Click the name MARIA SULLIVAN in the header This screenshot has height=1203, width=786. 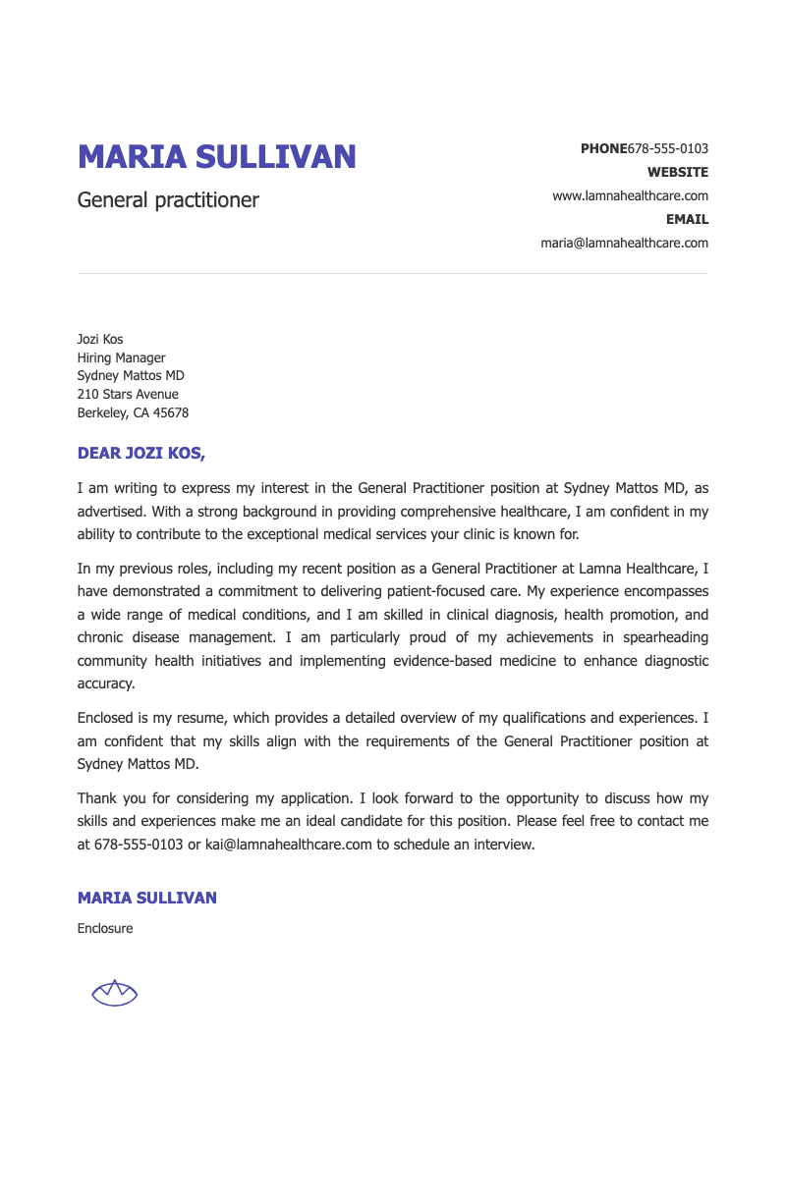point(216,157)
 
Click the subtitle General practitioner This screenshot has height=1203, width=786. point(168,200)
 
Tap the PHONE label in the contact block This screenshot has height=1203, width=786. point(603,149)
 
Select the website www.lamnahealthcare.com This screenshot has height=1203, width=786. point(630,196)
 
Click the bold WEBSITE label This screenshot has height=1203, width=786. point(677,173)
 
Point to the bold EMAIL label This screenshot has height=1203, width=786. point(687,220)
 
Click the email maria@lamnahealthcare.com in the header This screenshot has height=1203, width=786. point(624,244)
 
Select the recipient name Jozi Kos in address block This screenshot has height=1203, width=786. point(100,340)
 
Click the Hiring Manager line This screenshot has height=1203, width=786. point(121,358)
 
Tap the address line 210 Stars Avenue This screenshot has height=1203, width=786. point(128,395)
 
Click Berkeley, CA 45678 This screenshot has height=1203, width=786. point(133,413)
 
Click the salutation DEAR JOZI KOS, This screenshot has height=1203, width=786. point(141,454)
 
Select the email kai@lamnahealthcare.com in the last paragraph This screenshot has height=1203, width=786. point(289,845)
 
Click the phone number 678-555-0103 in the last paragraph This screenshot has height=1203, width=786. point(139,845)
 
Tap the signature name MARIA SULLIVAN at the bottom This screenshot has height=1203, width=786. point(147,899)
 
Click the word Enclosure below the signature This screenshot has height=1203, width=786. point(105,929)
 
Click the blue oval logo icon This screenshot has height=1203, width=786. point(114,994)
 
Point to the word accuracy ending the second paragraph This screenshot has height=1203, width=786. point(105,684)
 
